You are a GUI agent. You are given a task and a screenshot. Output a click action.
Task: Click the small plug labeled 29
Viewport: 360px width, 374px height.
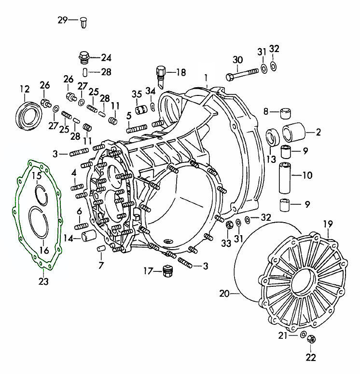pyautogui.click(x=84, y=21)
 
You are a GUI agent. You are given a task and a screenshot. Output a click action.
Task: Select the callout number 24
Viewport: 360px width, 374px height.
pyautogui.click(x=106, y=58)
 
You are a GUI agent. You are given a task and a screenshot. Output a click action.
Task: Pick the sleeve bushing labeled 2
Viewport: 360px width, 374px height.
pyautogui.click(x=292, y=131)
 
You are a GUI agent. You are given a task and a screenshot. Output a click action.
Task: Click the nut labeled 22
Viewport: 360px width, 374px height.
pyautogui.click(x=311, y=339)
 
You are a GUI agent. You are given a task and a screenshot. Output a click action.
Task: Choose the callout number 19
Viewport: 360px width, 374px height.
pyautogui.click(x=328, y=224)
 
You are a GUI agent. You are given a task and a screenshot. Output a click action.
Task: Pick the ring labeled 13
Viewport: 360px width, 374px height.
pyautogui.click(x=273, y=136)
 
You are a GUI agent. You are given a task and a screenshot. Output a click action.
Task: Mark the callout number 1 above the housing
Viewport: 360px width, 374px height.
pyautogui.click(x=206, y=78)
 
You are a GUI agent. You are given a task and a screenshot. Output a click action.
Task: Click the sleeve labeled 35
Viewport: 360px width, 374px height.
pyautogui.click(x=140, y=110)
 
